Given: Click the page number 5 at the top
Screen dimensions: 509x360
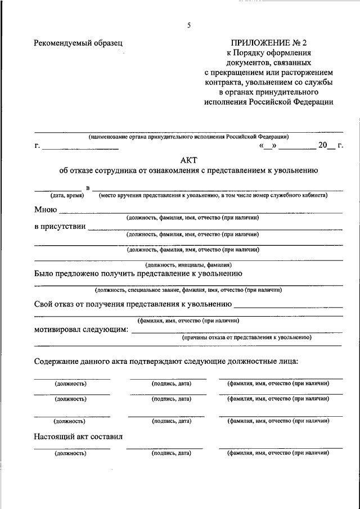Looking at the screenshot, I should coord(190,25).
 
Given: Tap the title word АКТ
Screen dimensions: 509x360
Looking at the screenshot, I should coord(190,160).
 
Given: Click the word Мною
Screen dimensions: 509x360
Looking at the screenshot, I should coord(45,210).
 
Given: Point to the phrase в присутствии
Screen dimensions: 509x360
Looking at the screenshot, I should coord(60,227).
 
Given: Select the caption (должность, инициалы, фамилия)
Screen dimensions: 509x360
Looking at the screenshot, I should coord(188,264).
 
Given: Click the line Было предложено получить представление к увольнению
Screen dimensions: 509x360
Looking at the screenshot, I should coord(138,274).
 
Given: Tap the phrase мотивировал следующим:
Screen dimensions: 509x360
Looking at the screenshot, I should coord(81,330).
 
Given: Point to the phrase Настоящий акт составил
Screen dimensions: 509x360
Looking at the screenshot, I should coord(78,436).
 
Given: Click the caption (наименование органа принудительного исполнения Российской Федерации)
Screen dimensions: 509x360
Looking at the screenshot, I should coord(188,137).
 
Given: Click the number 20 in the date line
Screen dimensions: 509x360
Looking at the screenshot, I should coord(322,146).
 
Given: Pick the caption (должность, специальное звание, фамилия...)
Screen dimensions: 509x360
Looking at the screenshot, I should coord(188,290).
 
